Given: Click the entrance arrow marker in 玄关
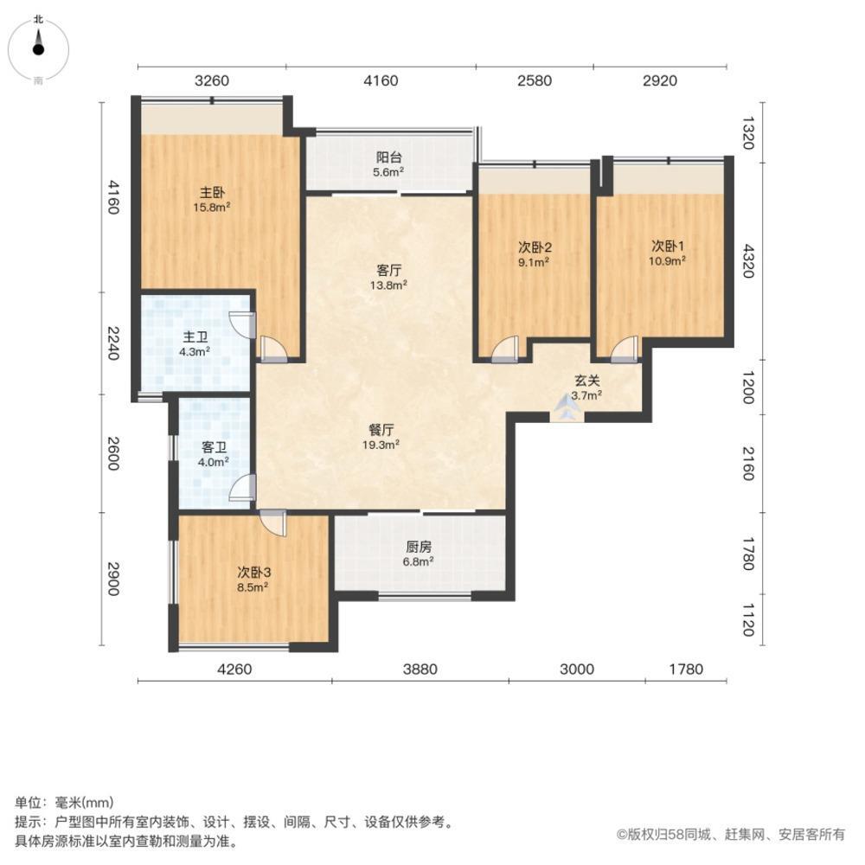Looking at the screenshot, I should coord(567,407).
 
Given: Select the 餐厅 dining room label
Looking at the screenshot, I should coord(381,436).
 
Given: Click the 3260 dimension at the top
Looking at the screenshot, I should coord(212,81).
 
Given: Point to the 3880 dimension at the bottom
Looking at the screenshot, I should coord(420,669).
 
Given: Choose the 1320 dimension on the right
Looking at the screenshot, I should coord(749,134).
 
